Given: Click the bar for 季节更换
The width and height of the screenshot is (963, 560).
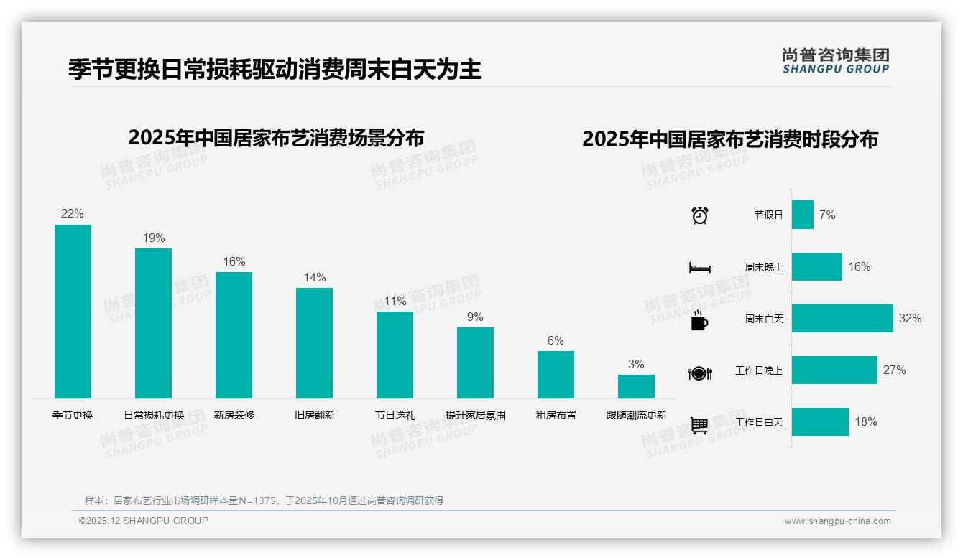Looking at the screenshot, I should pyautogui.click(x=73, y=312).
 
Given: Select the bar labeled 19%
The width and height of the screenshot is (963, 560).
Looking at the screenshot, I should pyautogui.click(x=153, y=323).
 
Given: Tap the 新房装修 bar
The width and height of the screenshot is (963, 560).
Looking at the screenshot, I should pyautogui.click(x=234, y=335).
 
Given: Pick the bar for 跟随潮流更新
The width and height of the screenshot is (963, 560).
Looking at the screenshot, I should pyautogui.click(x=636, y=386).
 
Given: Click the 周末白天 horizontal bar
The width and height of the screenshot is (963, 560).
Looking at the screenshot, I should pyautogui.click(x=842, y=318).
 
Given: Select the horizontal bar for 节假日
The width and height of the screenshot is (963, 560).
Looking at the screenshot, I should pyautogui.click(x=803, y=215).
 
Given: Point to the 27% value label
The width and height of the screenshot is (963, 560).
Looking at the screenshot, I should pyautogui.click(x=895, y=370).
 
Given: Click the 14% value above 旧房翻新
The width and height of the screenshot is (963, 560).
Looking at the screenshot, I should pyautogui.click(x=314, y=278).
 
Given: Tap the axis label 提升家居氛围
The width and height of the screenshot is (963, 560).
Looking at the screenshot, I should pyautogui.click(x=475, y=415).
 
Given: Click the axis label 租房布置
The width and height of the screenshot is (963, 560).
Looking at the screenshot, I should pyautogui.click(x=556, y=415).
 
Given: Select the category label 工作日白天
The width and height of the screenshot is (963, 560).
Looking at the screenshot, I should pyautogui.click(x=759, y=422).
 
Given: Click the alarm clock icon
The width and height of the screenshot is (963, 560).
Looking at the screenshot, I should pyautogui.click(x=699, y=215).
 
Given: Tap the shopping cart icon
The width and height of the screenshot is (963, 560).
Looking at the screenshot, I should pyautogui.click(x=699, y=425).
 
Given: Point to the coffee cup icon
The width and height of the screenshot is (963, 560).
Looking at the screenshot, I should pyautogui.click(x=699, y=320).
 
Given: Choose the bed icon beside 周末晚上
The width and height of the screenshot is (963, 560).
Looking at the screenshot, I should pyautogui.click(x=699, y=268).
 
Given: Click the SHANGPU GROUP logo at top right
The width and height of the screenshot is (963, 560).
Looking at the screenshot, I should pyautogui.click(x=835, y=61).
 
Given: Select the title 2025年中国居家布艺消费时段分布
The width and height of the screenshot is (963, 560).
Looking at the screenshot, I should pyautogui.click(x=730, y=139).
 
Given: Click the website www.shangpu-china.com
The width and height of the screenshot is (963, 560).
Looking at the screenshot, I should pyautogui.click(x=837, y=521).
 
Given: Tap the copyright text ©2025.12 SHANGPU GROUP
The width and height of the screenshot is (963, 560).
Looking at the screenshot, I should pyautogui.click(x=144, y=521).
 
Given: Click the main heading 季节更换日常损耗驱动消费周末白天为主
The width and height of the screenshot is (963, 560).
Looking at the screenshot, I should pyautogui.click(x=275, y=70).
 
